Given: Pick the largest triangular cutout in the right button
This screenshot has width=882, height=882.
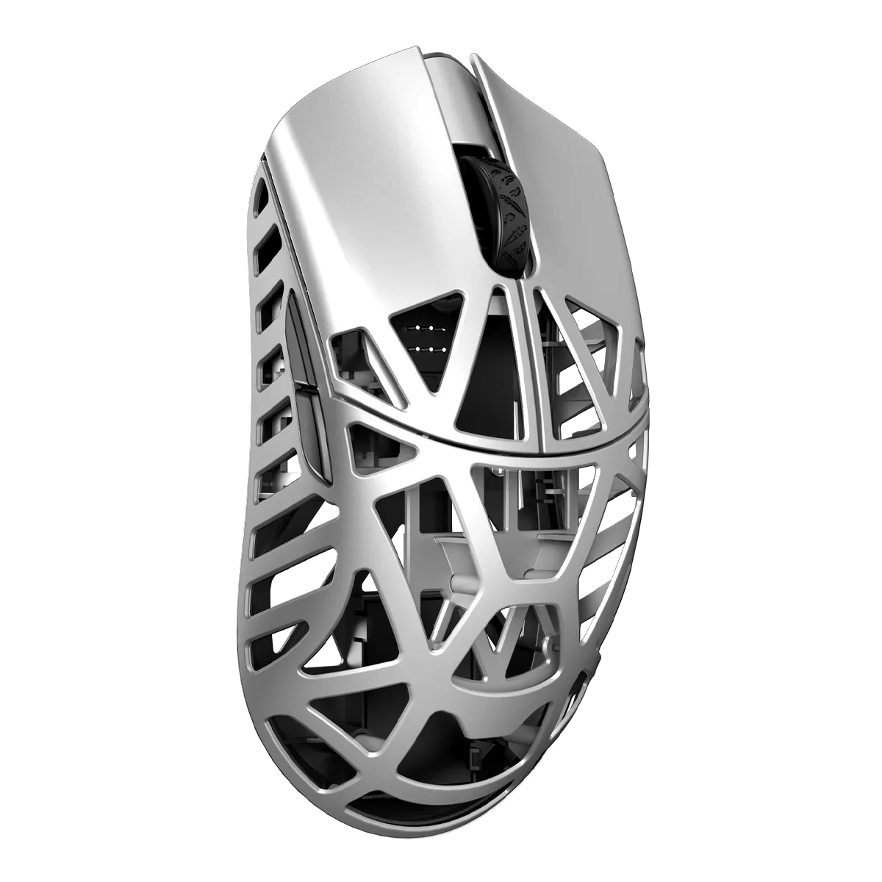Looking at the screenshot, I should (588, 367).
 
